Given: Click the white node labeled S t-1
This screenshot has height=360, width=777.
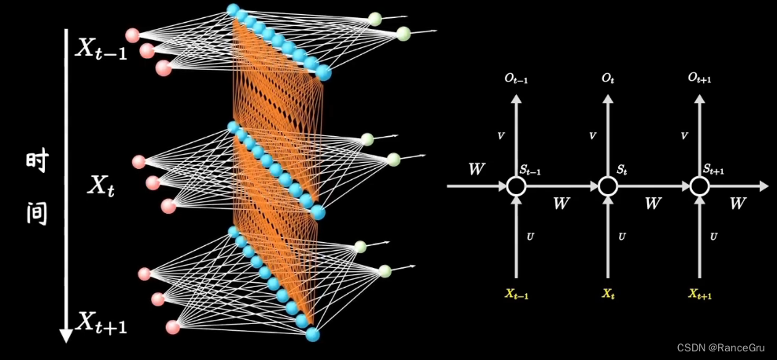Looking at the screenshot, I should pos(516,186).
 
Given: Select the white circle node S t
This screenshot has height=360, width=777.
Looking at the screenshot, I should pos(606,186).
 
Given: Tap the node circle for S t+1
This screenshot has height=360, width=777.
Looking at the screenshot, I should pos(700,186).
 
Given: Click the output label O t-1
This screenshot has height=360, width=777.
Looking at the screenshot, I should pos(516,79).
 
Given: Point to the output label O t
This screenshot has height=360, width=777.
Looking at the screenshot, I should pos(607,79).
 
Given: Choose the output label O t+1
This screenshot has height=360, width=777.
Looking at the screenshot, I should pos(700,79).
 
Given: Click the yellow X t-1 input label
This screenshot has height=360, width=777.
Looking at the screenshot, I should pos(516,295).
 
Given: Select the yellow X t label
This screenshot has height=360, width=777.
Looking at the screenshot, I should pos(607,295).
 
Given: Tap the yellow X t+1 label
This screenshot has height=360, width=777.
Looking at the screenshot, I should pos(700,295).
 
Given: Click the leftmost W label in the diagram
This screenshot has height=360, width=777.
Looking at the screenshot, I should pos(476,169).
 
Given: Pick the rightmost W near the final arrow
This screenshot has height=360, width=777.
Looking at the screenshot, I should pos(737,204).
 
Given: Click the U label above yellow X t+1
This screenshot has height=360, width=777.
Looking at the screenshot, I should pos(713,237).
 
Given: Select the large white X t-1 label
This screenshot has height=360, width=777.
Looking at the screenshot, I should pos(101,49).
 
